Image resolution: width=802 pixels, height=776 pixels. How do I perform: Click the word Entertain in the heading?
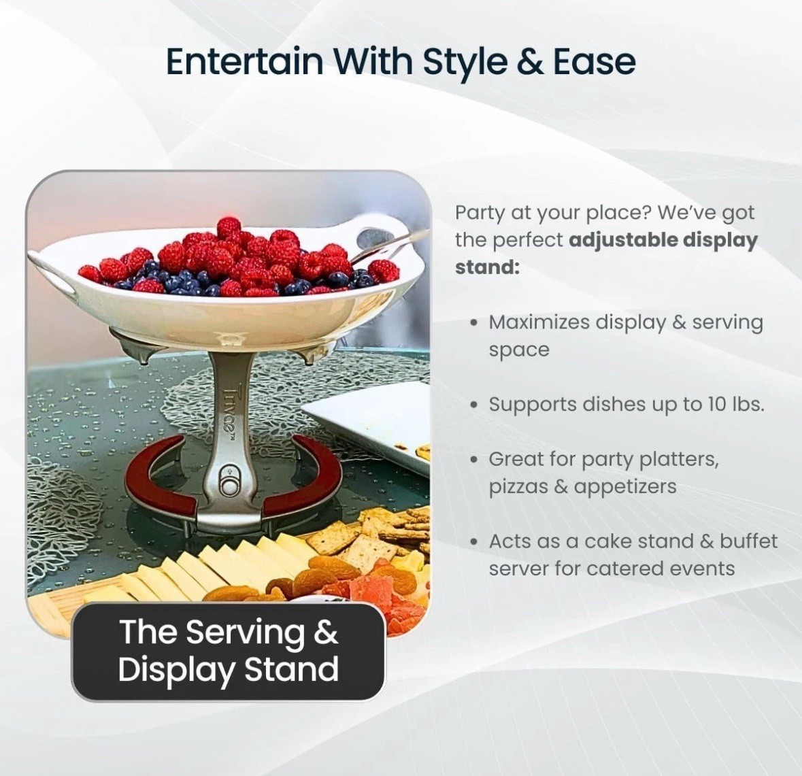(x=244, y=61)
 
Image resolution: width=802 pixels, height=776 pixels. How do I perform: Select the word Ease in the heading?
(x=595, y=61)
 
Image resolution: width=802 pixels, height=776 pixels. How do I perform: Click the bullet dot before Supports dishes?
(x=475, y=405)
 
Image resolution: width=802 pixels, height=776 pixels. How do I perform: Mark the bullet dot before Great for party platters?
(x=475, y=460)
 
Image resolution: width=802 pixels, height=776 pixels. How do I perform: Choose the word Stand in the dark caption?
(x=292, y=669)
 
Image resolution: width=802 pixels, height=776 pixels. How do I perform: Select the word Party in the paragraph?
(x=479, y=213)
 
